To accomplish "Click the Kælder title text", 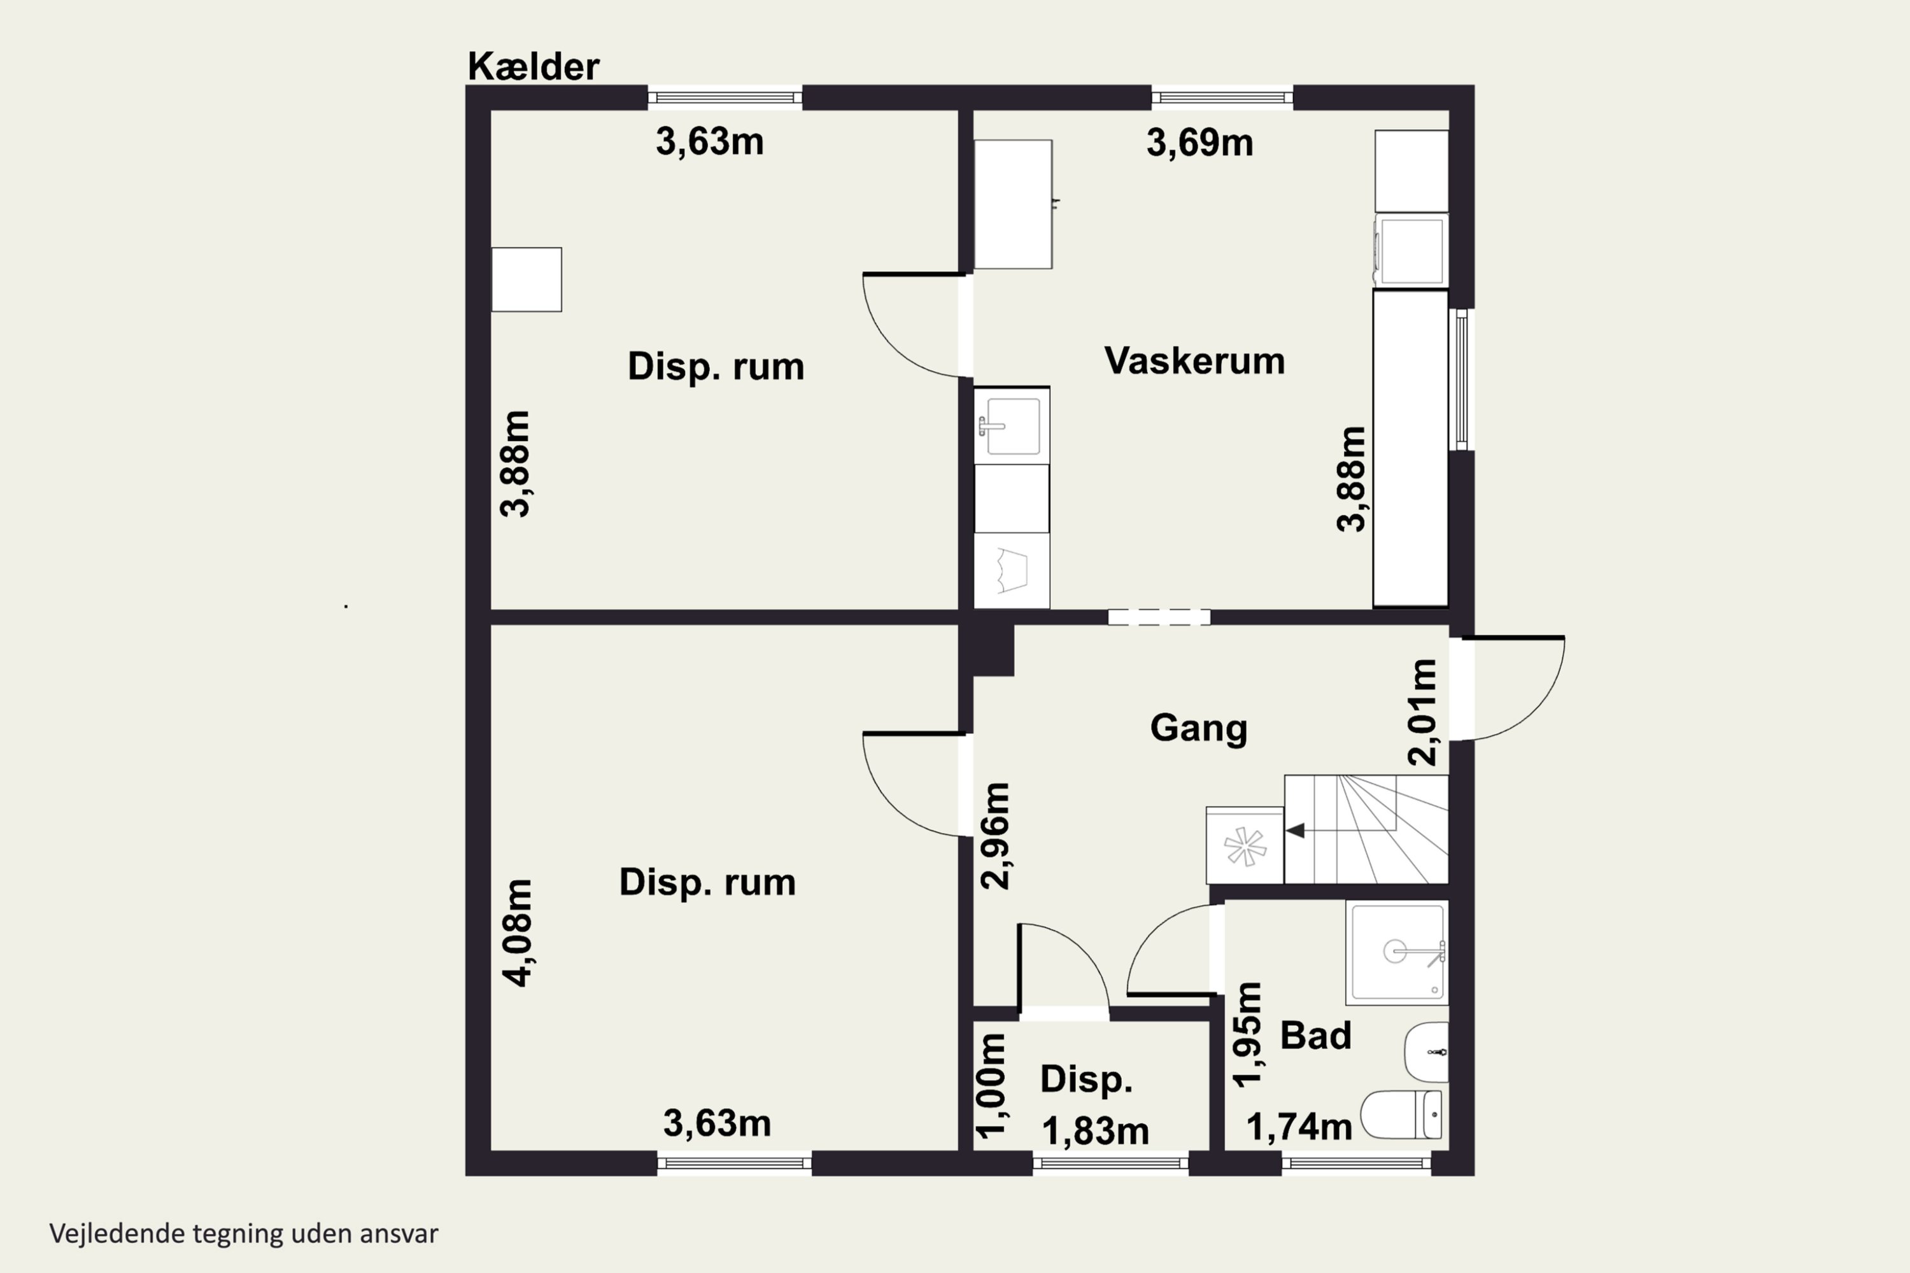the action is tap(533, 67).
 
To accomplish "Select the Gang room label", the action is tap(1199, 728).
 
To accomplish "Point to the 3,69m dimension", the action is tap(1199, 143).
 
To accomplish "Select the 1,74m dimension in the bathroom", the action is tap(1299, 1127).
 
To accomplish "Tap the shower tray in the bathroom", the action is tap(1397, 952).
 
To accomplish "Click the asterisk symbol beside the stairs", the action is tap(1245, 847).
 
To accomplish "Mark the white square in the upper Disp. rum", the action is tap(527, 279).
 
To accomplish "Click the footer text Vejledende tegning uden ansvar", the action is tap(244, 1234).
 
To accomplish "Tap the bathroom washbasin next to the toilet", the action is tap(1427, 1052).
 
